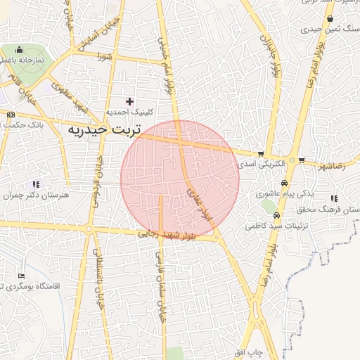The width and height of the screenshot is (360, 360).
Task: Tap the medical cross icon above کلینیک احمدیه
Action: point(129,101)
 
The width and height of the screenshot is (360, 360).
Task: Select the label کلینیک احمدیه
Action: point(129,112)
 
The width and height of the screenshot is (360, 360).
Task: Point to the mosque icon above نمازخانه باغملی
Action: point(19,51)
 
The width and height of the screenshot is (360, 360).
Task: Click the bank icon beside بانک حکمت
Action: point(11,115)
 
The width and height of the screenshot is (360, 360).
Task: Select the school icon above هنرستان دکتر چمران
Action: point(35,184)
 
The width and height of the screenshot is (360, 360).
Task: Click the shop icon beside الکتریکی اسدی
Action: point(261,153)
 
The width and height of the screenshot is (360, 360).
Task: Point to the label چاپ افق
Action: point(248,351)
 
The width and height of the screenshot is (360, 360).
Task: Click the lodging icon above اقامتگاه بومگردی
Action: point(22,276)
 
